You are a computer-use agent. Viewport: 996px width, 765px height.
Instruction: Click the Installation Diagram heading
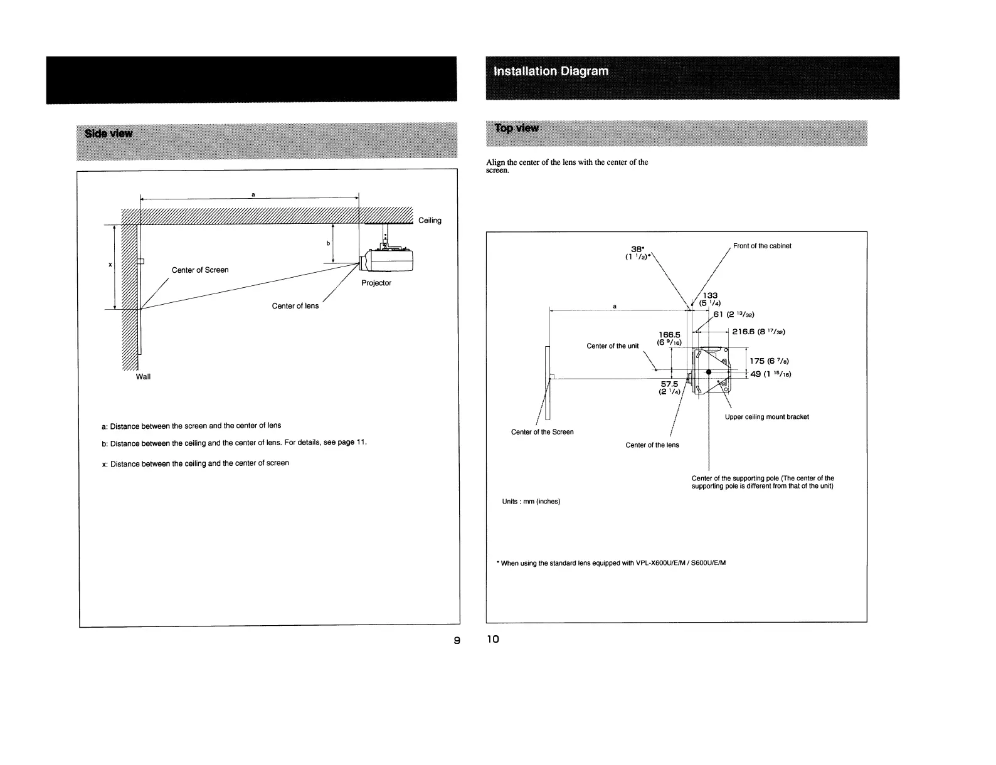551,71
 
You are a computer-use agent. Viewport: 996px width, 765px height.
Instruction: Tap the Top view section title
516,128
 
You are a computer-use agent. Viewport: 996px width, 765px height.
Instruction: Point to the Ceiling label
430,221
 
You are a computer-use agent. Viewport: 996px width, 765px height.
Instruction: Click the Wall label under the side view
143,377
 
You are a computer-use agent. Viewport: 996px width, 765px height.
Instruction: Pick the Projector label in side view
376,283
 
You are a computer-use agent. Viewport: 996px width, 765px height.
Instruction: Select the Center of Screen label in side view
200,270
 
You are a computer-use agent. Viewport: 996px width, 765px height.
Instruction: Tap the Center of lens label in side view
295,306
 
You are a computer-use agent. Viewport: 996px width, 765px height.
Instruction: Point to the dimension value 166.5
669,335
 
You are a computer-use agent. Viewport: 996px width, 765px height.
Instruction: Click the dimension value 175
756,361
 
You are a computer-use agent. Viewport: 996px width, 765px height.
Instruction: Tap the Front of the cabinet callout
762,246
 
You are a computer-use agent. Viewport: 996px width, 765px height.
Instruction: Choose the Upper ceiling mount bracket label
766,417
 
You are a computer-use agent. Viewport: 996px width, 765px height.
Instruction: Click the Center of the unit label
612,346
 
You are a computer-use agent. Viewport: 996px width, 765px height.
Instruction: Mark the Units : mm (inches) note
531,502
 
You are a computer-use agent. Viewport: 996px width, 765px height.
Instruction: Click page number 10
492,640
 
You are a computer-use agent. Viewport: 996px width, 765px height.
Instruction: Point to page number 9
457,640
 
